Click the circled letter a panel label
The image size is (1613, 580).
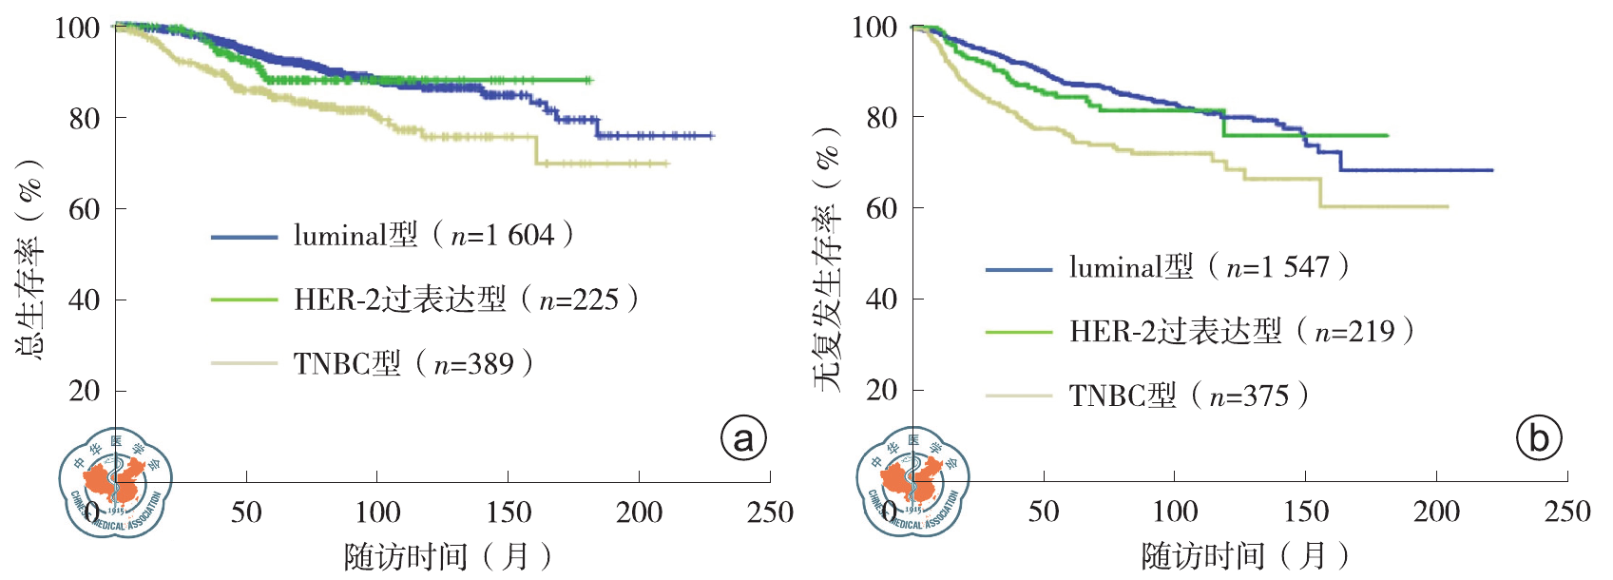pyautogui.click(x=743, y=438)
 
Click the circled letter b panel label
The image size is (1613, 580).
pyautogui.click(x=1539, y=438)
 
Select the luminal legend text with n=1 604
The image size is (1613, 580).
pyautogui.click(x=433, y=235)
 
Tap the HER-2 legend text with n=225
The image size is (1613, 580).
pyautogui.click(x=466, y=300)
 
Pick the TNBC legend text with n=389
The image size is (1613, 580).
pyautogui.click(x=413, y=363)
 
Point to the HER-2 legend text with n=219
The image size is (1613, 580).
pyautogui.click(x=1241, y=331)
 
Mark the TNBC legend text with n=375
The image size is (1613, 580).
pyautogui.click(x=1189, y=396)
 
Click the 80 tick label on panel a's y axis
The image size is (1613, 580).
pyautogui.click(x=85, y=119)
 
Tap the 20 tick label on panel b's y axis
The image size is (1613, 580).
pyautogui.click(x=882, y=390)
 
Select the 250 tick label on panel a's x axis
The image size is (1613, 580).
pyautogui.click(x=770, y=513)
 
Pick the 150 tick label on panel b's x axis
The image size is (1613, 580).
pyautogui.click(x=1306, y=512)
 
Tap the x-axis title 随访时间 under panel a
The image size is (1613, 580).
pyautogui.click(x=448, y=556)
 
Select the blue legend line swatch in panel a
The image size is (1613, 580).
pyautogui.click(x=243, y=237)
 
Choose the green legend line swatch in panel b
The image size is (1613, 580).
pyautogui.click(x=1019, y=333)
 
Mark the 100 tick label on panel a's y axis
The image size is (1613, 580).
pyautogui.click(x=78, y=28)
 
